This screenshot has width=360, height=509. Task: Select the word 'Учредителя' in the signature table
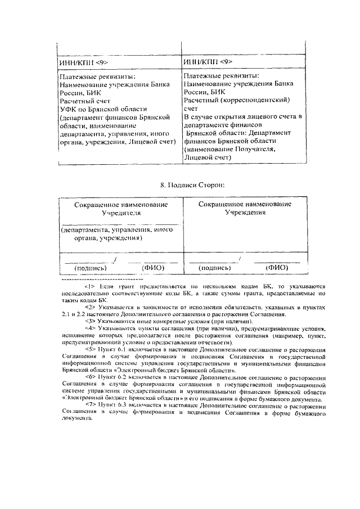(121, 214)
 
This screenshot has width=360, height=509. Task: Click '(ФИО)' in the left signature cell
(153, 268)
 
